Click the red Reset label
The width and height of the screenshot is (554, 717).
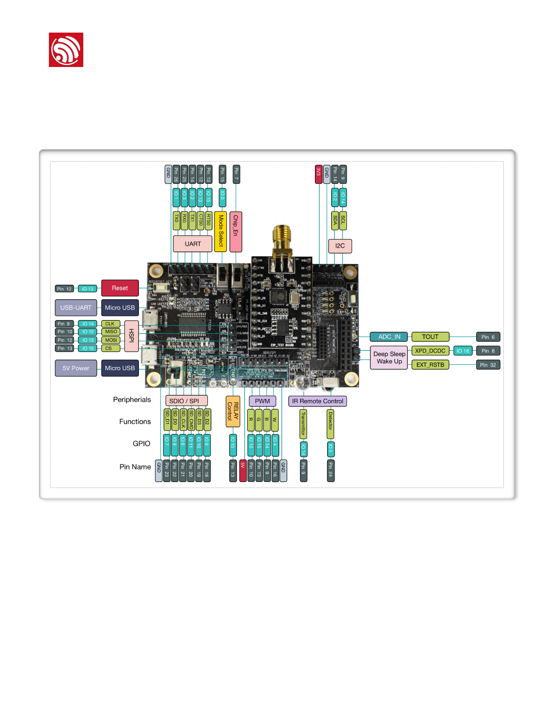tap(120, 288)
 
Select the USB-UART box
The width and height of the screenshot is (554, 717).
tap(76, 307)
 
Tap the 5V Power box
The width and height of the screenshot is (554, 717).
tap(76, 368)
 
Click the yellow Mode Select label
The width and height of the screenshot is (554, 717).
tap(220, 231)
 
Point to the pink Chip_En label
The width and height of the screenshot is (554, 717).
tap(236, 231)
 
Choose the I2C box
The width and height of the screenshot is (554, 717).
tap(340, 246)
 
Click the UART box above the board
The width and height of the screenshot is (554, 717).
tap(193, 244)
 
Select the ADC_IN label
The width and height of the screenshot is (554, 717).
tap(389, 337)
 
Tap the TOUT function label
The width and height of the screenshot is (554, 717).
tap(430, 337)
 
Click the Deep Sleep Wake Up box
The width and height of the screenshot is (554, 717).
tap(389, 358)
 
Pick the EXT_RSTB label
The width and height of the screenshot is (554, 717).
tap(430, 365)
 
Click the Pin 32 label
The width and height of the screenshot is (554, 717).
tap(488, 365)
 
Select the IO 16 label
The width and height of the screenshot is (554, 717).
tap(463, 351)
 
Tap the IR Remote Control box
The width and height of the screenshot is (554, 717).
tap(318, 401)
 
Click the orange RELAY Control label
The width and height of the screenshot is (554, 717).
tap(233, 411)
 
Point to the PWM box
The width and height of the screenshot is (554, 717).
tap(263, 401)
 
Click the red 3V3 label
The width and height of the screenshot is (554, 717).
tap(319, 174)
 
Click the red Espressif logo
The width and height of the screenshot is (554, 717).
tap(66, 50)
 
